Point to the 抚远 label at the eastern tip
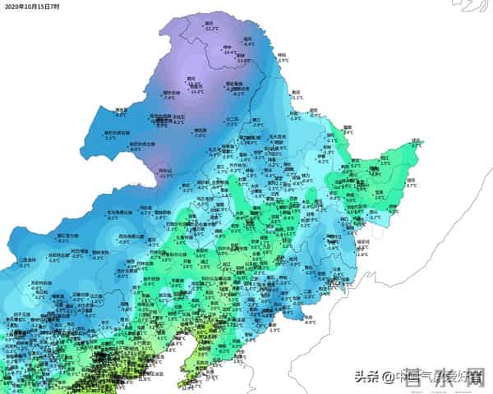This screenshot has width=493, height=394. pos(416,140)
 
